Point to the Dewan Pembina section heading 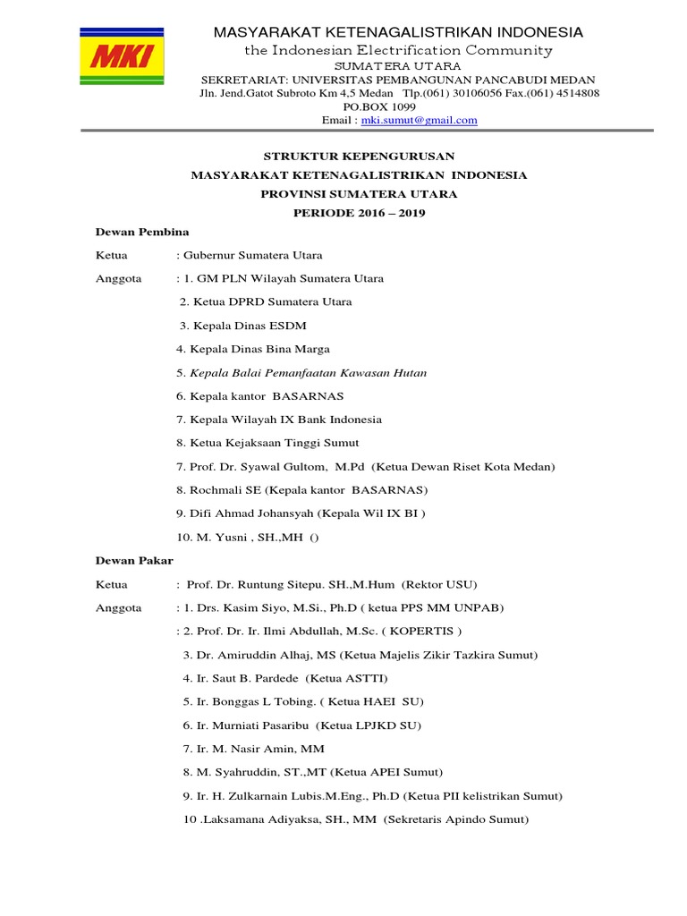pyautogui.click(x=142, y=232)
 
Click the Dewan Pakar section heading pyautogui.click(x=135, y=560)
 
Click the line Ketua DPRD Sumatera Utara pyautogui.click(x=266, y=302)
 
